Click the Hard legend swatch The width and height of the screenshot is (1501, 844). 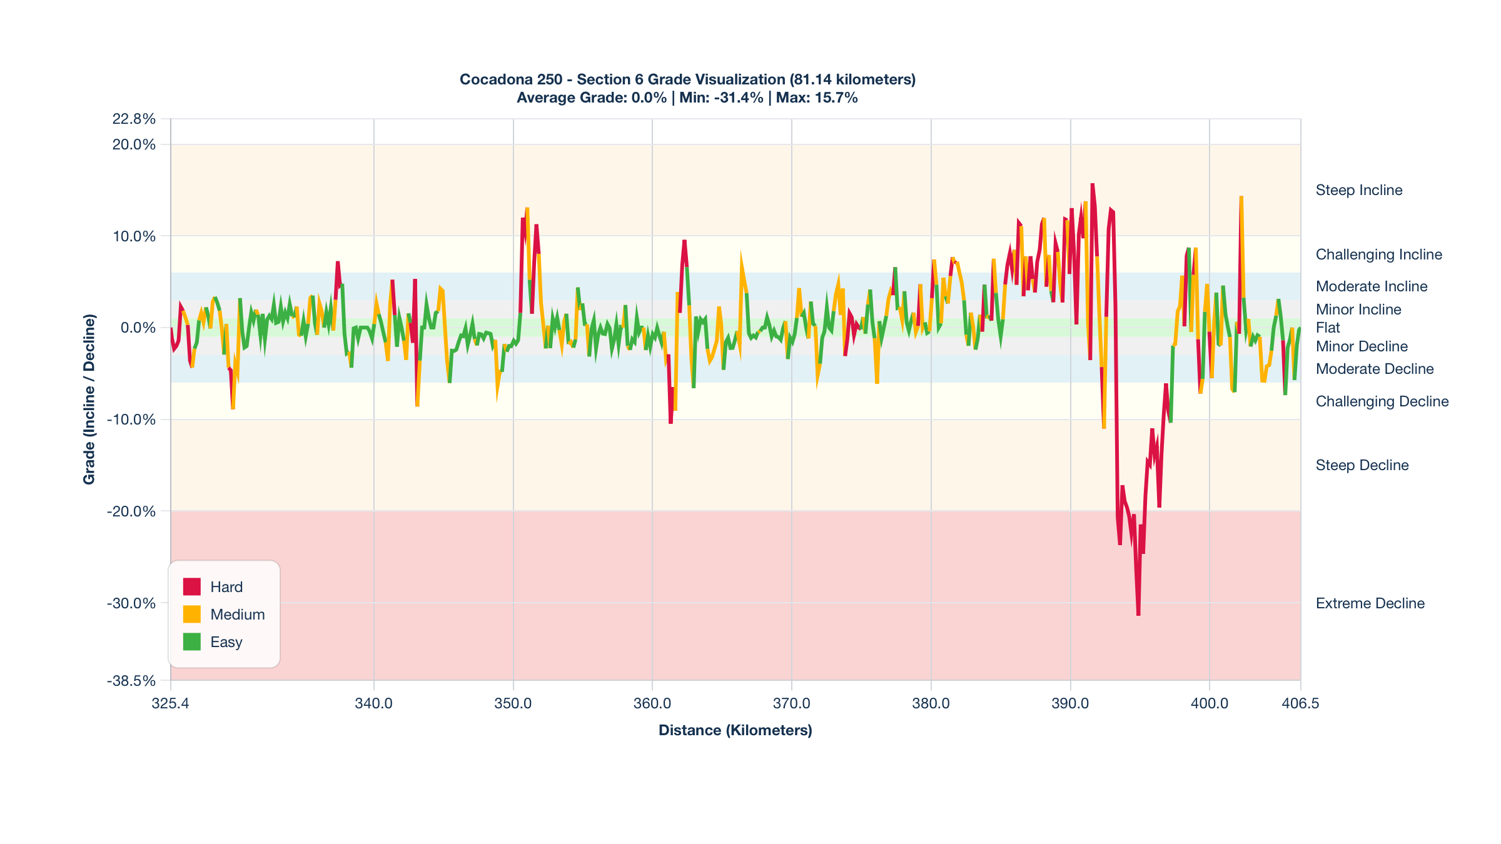(x=191, y=586)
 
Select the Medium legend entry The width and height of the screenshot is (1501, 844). (x=237, y=615)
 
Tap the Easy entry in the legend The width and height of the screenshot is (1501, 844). (x=226, y=642)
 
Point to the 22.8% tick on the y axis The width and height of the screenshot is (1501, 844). (x=134, y=119)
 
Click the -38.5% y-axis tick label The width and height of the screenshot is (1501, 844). (x=131, y=681)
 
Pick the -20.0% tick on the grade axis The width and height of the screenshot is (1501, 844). (x=131, y=511)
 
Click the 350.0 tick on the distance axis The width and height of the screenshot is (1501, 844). (x=513, y=703)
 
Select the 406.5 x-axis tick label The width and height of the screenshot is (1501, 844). (x=1300, y=703)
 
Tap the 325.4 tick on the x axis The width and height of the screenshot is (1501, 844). (x=170, y=703)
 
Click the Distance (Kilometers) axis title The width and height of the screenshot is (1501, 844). (x=735, y=730)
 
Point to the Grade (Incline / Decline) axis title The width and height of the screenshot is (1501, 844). (x=89, y=399)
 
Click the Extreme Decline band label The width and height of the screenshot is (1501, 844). (x=1370, y=603)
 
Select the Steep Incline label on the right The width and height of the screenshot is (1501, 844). (x=1358, y=190)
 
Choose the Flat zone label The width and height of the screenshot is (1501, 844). (x=1328, y=328)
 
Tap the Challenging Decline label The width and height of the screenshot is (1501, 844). (x=1382, y=401)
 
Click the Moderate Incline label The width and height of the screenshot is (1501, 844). (x=1371, y=286)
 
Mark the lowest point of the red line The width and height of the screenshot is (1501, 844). (x=1138, y=615)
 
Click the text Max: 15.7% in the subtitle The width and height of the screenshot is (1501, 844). (x=817, y=98)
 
